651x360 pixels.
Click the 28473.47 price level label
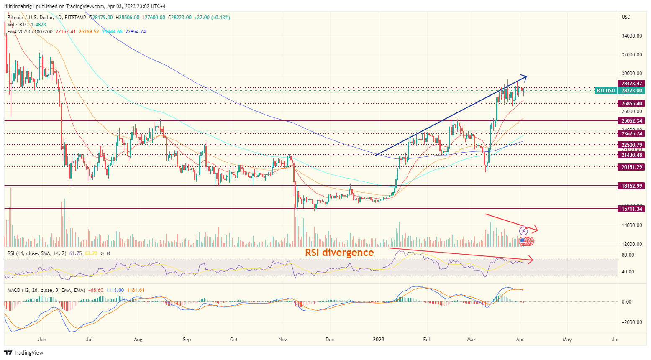point(631,84)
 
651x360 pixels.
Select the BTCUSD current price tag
point(606,91)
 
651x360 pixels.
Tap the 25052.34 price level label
point(631,121)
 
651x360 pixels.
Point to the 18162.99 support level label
point(631,186)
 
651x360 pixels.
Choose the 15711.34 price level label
point(631,209)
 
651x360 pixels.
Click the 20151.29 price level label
point(631,167)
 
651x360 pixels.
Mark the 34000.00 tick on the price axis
point(631,36)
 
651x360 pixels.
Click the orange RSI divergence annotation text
point(339,253)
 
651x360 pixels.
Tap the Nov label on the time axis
point(282,340)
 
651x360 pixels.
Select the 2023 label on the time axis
point(379,340)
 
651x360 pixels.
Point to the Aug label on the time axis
point(138,340)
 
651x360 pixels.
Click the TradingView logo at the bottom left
point(24,352)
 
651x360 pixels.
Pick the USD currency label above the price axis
point(626,17)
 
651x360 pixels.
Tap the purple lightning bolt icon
point(523,231)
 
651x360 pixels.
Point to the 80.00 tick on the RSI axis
point(628,255)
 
